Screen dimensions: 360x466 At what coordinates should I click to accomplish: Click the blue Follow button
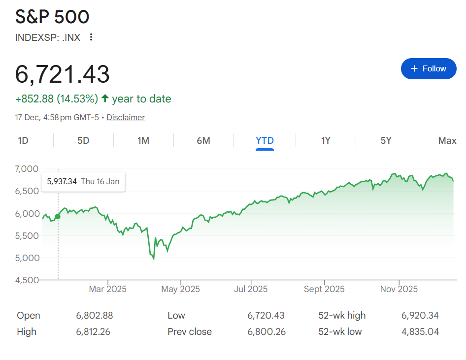[x=429, y=68]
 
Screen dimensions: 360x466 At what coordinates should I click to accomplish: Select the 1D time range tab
[x=23, y=141]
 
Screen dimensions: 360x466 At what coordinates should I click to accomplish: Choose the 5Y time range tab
[x=386, y=141]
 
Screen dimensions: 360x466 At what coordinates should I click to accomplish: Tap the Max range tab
[x=447, y=141]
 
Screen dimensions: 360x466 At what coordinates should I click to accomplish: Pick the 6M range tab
[x=203, y=141]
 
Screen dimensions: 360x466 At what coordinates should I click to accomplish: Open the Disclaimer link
[x=126, y=117]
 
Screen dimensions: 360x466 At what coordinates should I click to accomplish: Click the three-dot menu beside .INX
[x=91, y=37]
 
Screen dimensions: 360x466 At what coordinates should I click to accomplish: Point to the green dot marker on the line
[x=58, y=216]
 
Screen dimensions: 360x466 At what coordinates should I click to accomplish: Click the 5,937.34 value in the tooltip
[x=62, y=181]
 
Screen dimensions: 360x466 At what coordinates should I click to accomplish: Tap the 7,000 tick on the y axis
[x=27, y=169]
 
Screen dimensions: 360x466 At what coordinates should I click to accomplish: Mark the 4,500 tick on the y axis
[x=27, y=280]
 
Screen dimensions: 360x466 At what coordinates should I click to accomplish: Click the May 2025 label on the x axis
[x=180, y=289]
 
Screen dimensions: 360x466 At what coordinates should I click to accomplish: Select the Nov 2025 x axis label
[x=399, y=289]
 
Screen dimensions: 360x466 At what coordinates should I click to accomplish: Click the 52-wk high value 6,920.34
[x=420, y=315]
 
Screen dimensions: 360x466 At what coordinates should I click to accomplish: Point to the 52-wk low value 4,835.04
[x=420, y=331]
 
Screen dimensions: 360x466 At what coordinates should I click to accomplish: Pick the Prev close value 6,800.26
[x=266, y=331]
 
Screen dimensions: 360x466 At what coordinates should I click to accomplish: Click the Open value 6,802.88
[x=95, y=315]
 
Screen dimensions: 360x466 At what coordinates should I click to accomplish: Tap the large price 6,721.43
[x=63, y=74]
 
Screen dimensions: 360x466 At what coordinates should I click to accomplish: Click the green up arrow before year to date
[x=105, y=98]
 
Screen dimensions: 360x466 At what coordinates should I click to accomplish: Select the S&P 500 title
[x=52, y=17]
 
